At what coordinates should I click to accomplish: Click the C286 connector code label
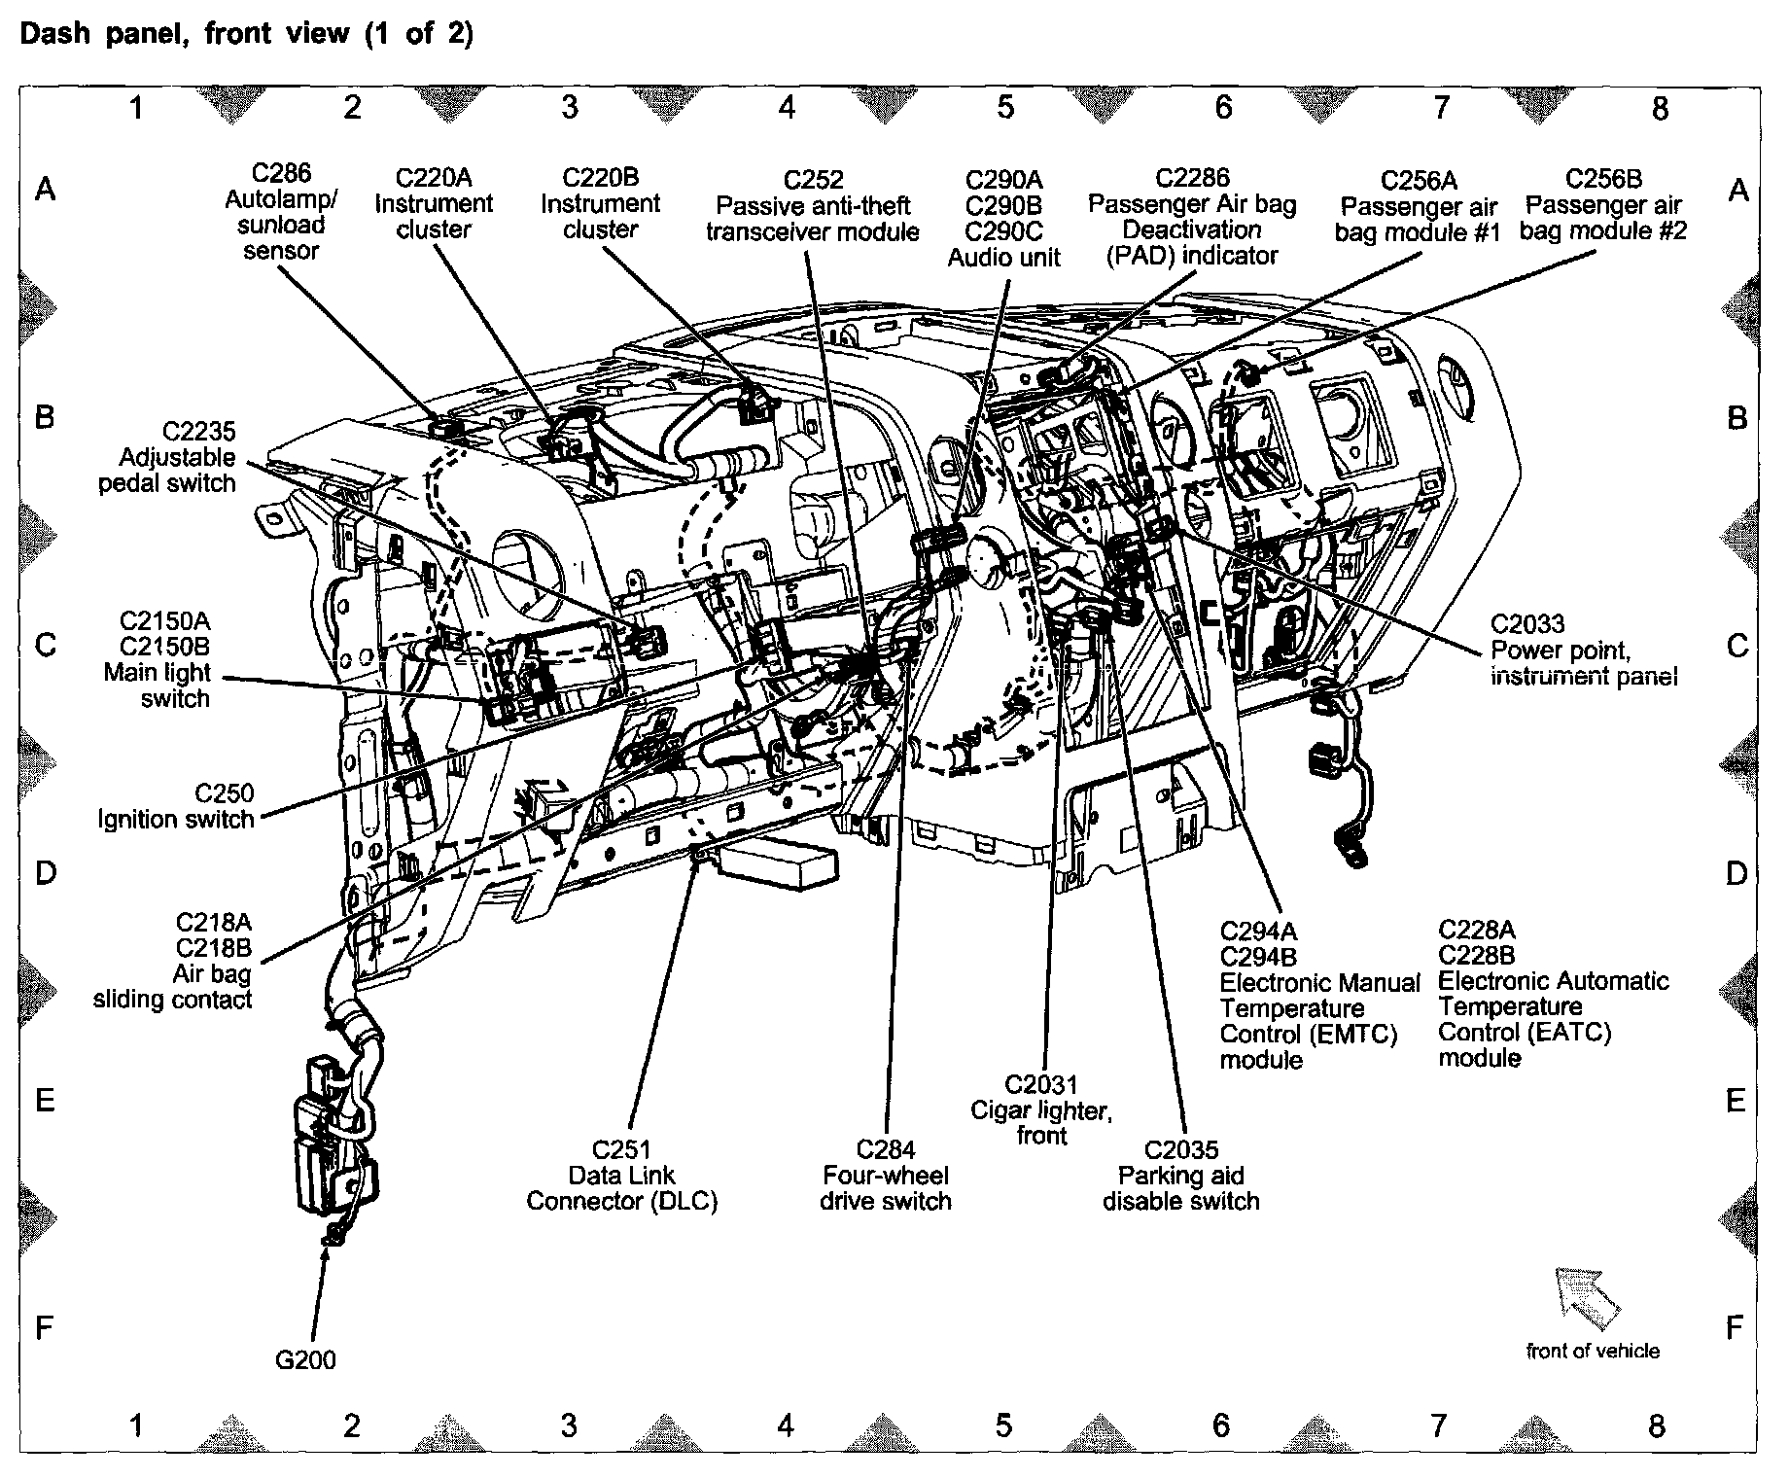pyautogui.click(x=281, y=173)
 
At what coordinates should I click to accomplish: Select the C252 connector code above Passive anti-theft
pyautogui.click(x=813, y=180)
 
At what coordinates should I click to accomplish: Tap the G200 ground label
pyautogui.click(x=305, y=1359)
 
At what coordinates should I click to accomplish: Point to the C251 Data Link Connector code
pyautogui.click(x=622, y=1150)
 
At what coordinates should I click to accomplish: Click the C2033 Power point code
pyautogui.click(x=1527, y=624)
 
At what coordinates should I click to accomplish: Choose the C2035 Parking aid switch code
pyautogui.click(x=1181, y=1150)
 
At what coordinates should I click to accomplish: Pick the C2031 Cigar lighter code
pyautogui.click(x=1041, y=1084)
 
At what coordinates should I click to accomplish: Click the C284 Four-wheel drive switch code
pyautogui.click(x=886, y=1150)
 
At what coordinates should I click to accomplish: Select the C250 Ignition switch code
pyautogui.click(x=224, y=793)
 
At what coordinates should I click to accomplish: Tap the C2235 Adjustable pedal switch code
pyautogui.click(x=198, y=432)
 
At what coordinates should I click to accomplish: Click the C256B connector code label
pyautogui.click(x=1603, y=180)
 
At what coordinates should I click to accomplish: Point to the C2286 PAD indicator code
pyautogui.click(x=1192, y=178)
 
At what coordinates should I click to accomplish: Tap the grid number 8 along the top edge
pyautogui.click(x=1659, y=108)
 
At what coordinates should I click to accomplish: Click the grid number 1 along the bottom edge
pyautogui.click(x=137, y=1425)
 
